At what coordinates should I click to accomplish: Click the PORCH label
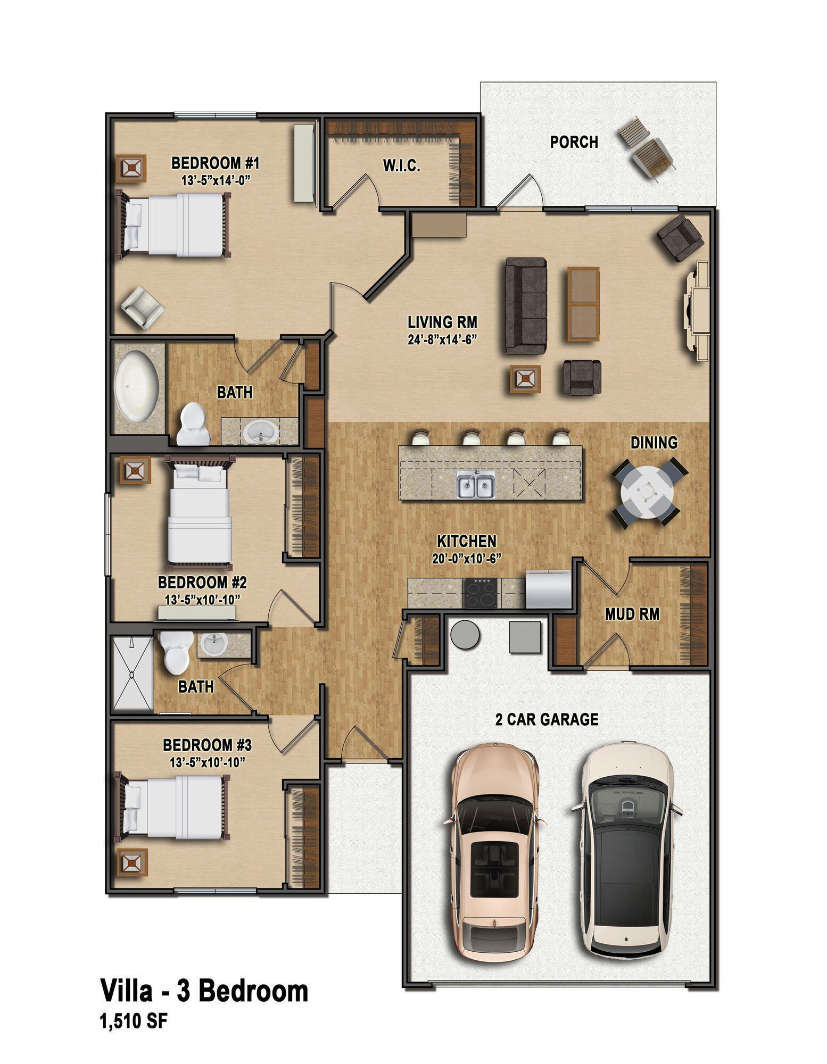point(574,142)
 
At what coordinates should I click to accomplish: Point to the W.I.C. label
point(402,166)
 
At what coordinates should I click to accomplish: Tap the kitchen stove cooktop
point(482,593)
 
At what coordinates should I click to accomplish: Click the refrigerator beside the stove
point(548,589)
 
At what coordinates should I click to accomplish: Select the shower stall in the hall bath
point(132,674)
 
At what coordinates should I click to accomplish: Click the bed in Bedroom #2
point(200,513)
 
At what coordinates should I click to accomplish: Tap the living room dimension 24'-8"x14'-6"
point(442,339)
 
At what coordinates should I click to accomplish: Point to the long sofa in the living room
point(526,305)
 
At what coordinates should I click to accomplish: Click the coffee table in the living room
point(583,304)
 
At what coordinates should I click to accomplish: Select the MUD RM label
point(632,614)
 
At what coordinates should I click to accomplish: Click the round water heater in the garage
point(465,634)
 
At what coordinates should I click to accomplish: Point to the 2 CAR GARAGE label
point(547,720)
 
